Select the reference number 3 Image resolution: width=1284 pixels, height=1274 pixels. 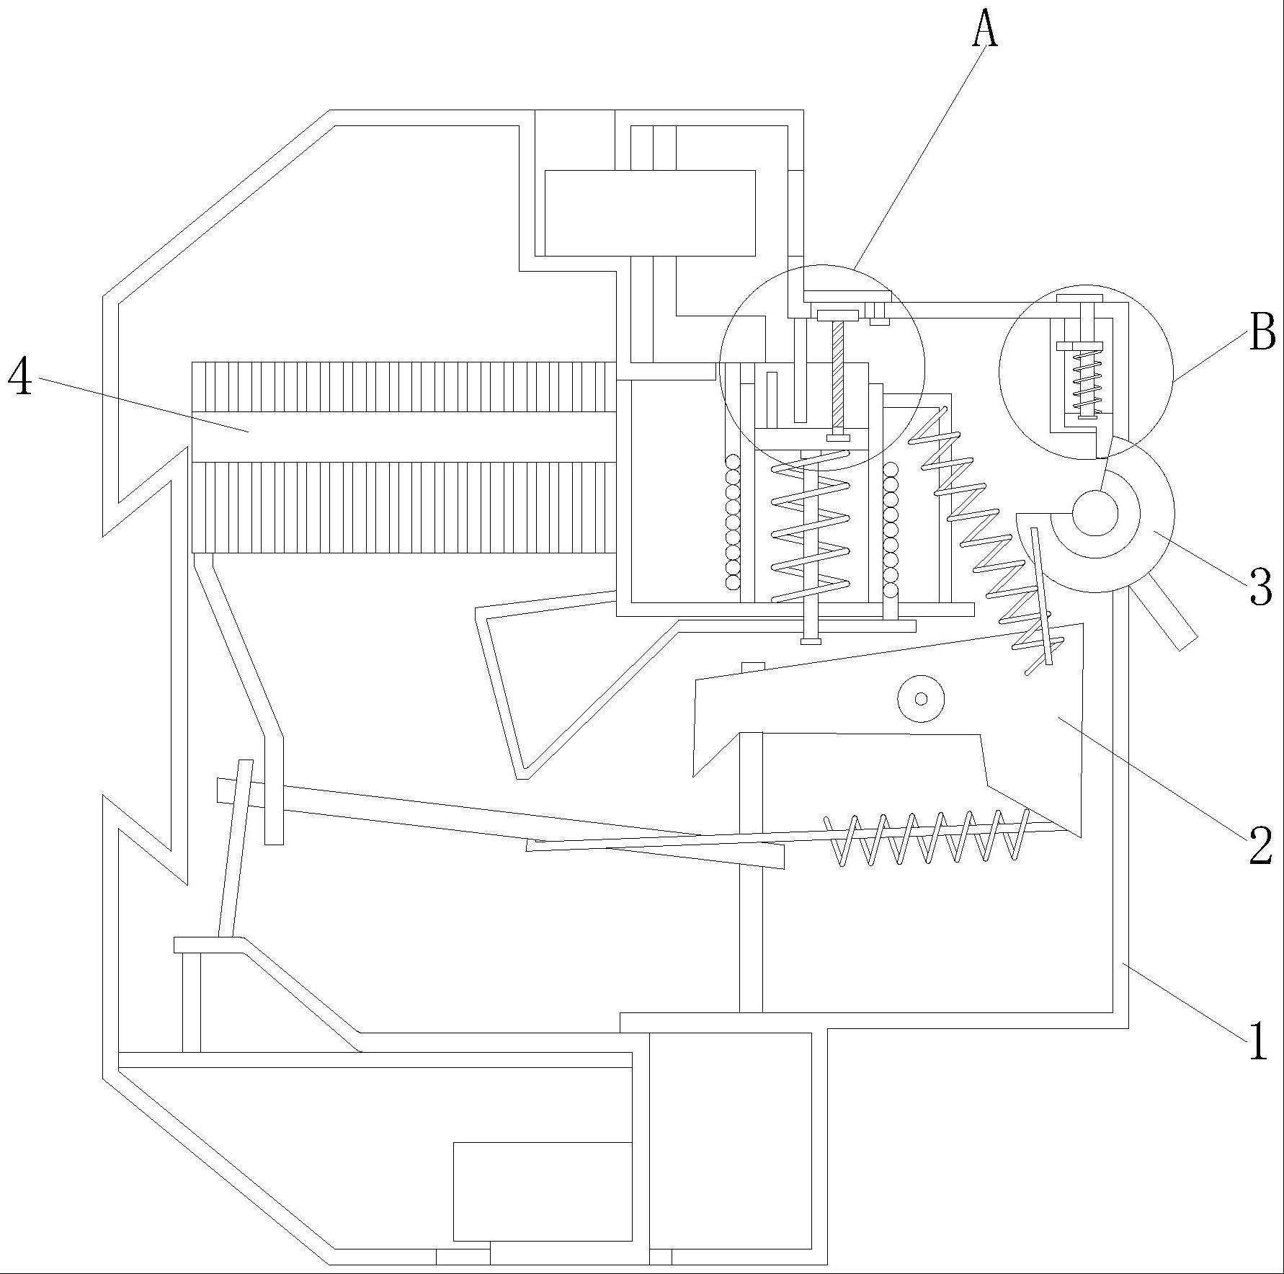[1260, 587]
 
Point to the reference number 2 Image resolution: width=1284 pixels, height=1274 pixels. [1260, 845]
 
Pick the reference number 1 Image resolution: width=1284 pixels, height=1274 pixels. [1257, 1041]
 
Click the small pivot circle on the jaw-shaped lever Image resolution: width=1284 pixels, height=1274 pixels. [921, 698]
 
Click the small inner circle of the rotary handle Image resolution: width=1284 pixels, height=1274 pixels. [1094, 513]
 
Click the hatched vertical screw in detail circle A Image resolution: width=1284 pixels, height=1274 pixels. [838, 378]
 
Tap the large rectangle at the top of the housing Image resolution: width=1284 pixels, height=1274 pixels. [649, 213]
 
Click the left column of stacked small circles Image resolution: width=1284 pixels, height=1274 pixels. [733, 522]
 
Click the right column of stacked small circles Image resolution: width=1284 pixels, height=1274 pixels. [891, 530]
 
